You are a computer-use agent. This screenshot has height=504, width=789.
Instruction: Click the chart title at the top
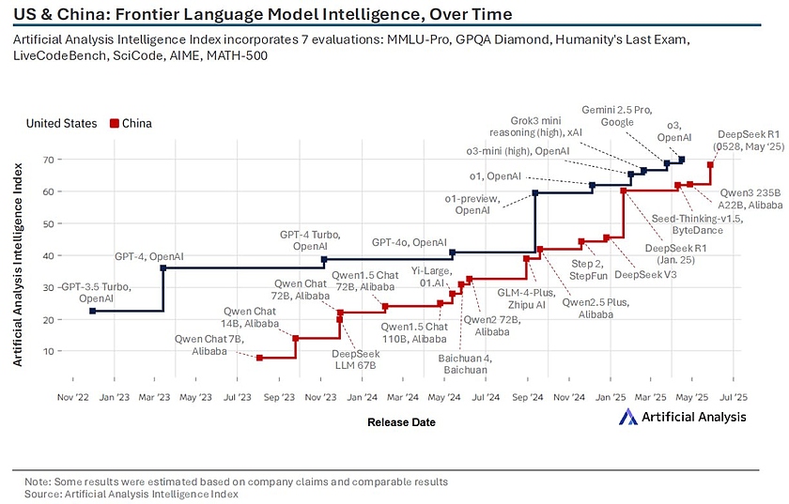[263, 14]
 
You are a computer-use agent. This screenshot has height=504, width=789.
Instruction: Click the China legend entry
[131, 123]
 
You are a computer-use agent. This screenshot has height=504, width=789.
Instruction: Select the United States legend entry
[61, 123]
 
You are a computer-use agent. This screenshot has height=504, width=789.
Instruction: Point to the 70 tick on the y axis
[46, 160]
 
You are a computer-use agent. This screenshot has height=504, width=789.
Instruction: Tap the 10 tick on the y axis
[46, 351]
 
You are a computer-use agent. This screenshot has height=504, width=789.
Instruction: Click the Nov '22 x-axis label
[73, 398]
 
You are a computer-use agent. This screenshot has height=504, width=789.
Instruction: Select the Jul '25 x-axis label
[733, 398]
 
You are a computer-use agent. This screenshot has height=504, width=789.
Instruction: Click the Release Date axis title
[401, 422]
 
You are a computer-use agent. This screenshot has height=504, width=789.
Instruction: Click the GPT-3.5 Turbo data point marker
[92, 311]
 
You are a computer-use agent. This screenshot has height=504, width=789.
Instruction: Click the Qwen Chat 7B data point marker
[259, 358]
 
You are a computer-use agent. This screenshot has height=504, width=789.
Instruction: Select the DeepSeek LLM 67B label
[355, 359]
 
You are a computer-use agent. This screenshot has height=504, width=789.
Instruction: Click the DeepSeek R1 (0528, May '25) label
[748, 140]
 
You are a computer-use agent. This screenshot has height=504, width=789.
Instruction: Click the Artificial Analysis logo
[683, 417]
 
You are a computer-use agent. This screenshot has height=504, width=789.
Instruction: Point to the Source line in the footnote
[131, 494]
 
